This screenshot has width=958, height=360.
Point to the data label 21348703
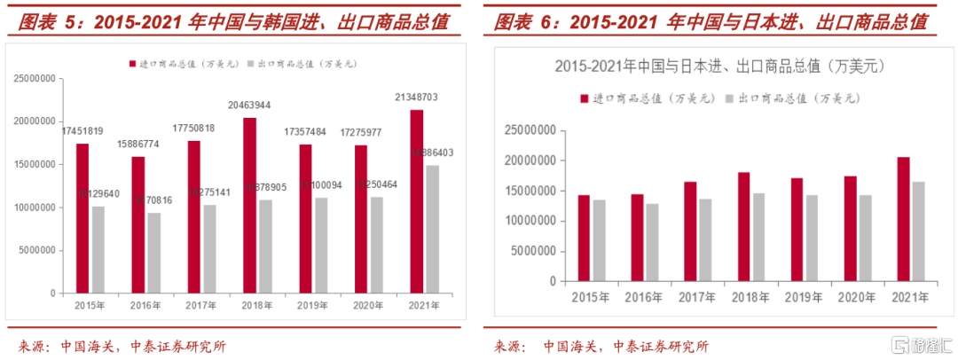point(417,97)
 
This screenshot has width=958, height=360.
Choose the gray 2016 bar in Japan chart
point(652,242)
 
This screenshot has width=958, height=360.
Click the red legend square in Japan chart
point(582,98)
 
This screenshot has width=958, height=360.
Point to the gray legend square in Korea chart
point(251,64)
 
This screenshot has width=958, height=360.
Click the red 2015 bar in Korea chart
point(82,218)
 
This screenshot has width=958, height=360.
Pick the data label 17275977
point(362,132)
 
